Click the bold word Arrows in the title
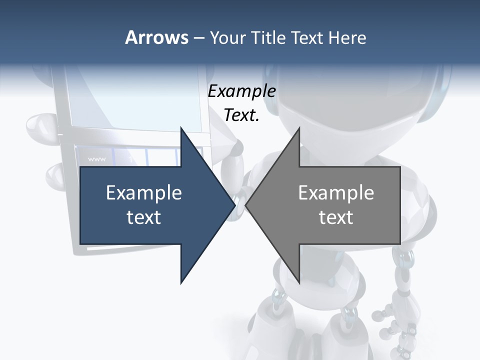coord(156,37)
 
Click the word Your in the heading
coord(227,38)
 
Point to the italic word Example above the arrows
coord(241,91)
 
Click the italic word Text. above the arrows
coord(241,115)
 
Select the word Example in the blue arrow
coord(144,193)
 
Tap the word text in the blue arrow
coord(144,217)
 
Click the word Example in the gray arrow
coord(336,193)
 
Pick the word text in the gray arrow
coord(336,217)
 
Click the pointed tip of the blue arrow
coord(234,205)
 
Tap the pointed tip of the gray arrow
coord(246,205)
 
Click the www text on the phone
coord(96,159)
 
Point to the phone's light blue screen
coord(135,100)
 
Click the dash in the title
coord(198,38)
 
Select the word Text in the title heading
coord(307,37)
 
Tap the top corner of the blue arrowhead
coord(181,128)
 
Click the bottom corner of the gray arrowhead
coord(299,282)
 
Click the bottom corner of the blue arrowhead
coord(181,282)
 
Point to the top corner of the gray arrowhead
coord(299,128)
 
